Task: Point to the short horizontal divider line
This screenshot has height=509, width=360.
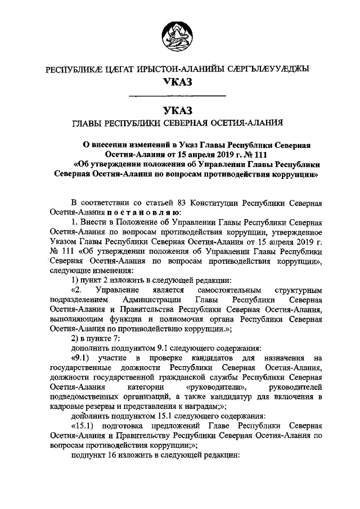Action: coord(177,96)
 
